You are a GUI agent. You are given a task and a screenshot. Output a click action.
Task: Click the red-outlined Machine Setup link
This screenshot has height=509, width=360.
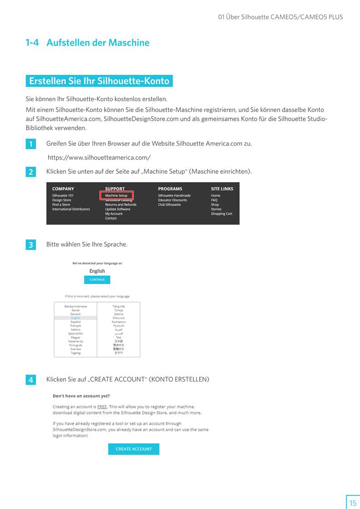coord(116,196)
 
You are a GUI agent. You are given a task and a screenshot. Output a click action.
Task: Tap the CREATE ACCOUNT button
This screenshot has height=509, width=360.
coord(133,449)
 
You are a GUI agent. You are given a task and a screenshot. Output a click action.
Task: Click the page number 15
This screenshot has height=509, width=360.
coord(353,503)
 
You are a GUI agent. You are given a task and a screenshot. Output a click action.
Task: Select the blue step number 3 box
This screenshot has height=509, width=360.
coord(30,245)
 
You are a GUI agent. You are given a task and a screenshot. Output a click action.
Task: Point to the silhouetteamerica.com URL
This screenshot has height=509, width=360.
coord(99,158)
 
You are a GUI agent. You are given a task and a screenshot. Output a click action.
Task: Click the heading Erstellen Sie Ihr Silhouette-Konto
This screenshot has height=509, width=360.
coord(99,81)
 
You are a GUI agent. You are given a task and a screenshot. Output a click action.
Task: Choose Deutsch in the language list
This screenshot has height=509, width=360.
coord(75,314)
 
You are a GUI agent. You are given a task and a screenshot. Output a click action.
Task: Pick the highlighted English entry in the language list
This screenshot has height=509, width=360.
coord(75,318)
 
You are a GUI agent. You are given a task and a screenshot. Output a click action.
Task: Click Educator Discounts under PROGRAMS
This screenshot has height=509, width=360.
coord(173,200)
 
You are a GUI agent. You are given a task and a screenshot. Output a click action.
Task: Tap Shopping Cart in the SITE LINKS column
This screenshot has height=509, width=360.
coord(222,214)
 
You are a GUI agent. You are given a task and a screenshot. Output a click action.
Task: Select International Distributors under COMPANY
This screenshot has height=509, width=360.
coord(71,209)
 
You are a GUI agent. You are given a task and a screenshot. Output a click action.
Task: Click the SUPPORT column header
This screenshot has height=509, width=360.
coord(115,189)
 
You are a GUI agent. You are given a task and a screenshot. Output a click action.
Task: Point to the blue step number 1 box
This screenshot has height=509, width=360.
coord(30,145)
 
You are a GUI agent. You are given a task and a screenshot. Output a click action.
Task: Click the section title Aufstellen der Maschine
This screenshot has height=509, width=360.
coord(98,43)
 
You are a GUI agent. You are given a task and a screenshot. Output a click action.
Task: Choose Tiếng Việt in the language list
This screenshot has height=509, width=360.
coord(118,306)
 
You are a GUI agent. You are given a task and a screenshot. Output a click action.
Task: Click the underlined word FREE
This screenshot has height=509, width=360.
coord(102,406)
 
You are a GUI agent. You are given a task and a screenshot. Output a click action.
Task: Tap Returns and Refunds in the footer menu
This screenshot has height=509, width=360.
coord(121,205)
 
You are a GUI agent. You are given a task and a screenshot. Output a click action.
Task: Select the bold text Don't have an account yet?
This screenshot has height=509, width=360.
coord(81,396)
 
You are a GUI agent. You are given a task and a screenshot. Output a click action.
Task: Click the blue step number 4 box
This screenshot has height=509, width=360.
coord(30,380)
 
